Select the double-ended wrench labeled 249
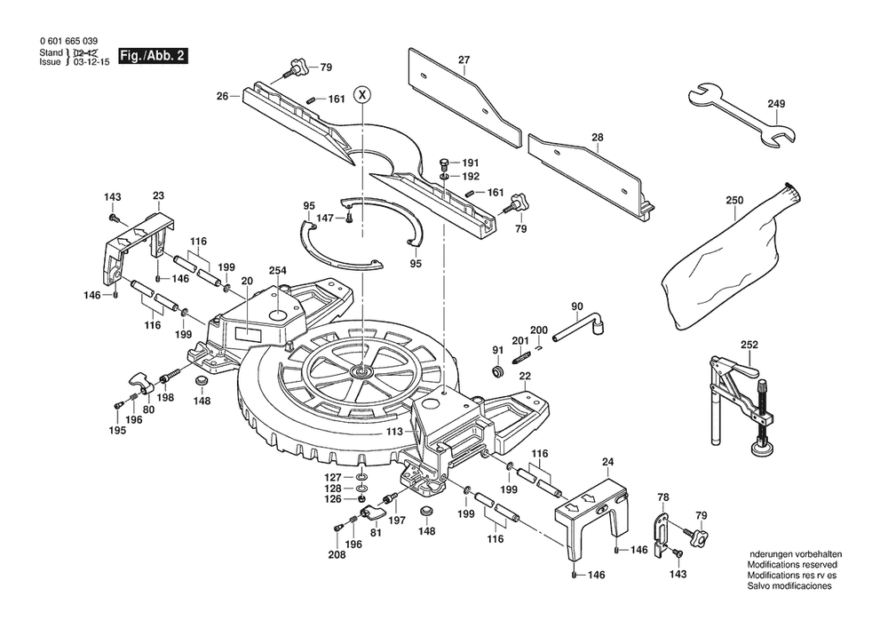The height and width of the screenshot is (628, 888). click(x=742, y=114)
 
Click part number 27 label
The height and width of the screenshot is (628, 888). click(x=463, y=60)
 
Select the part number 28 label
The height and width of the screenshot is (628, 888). click(x=597, y=138)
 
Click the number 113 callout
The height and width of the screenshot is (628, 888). click(x=395, y=432)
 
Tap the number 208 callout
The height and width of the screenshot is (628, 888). click(x=337, y=555)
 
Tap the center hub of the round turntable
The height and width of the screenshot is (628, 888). click(x=361, y=370)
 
